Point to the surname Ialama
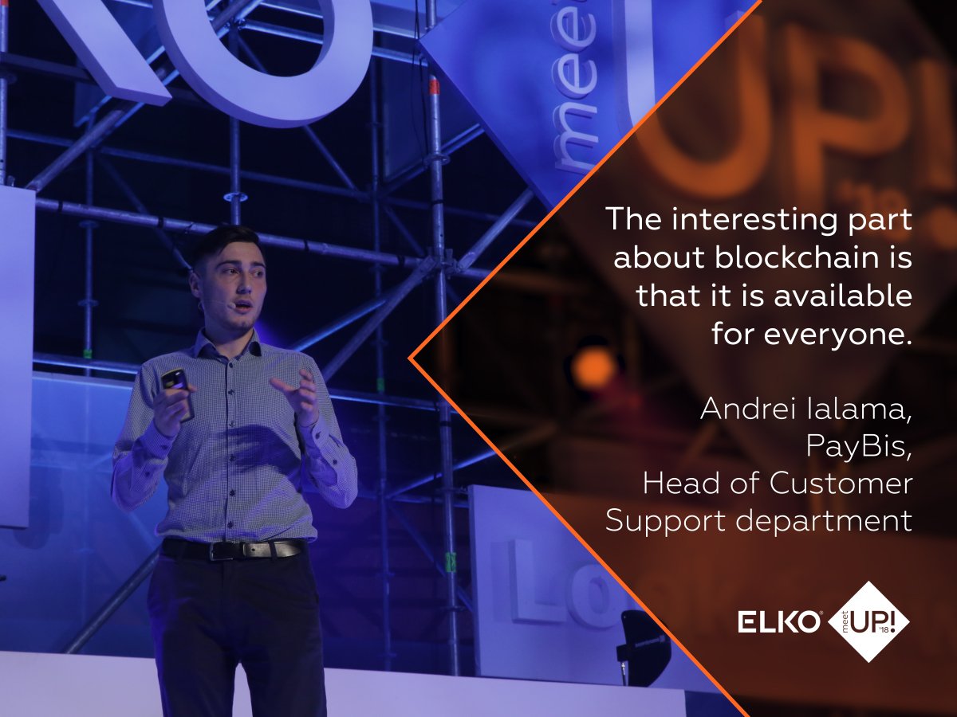tap(864, 409)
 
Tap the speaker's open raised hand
tap(297, 390)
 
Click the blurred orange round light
tap(594, 368)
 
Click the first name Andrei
tap(744, 409)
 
